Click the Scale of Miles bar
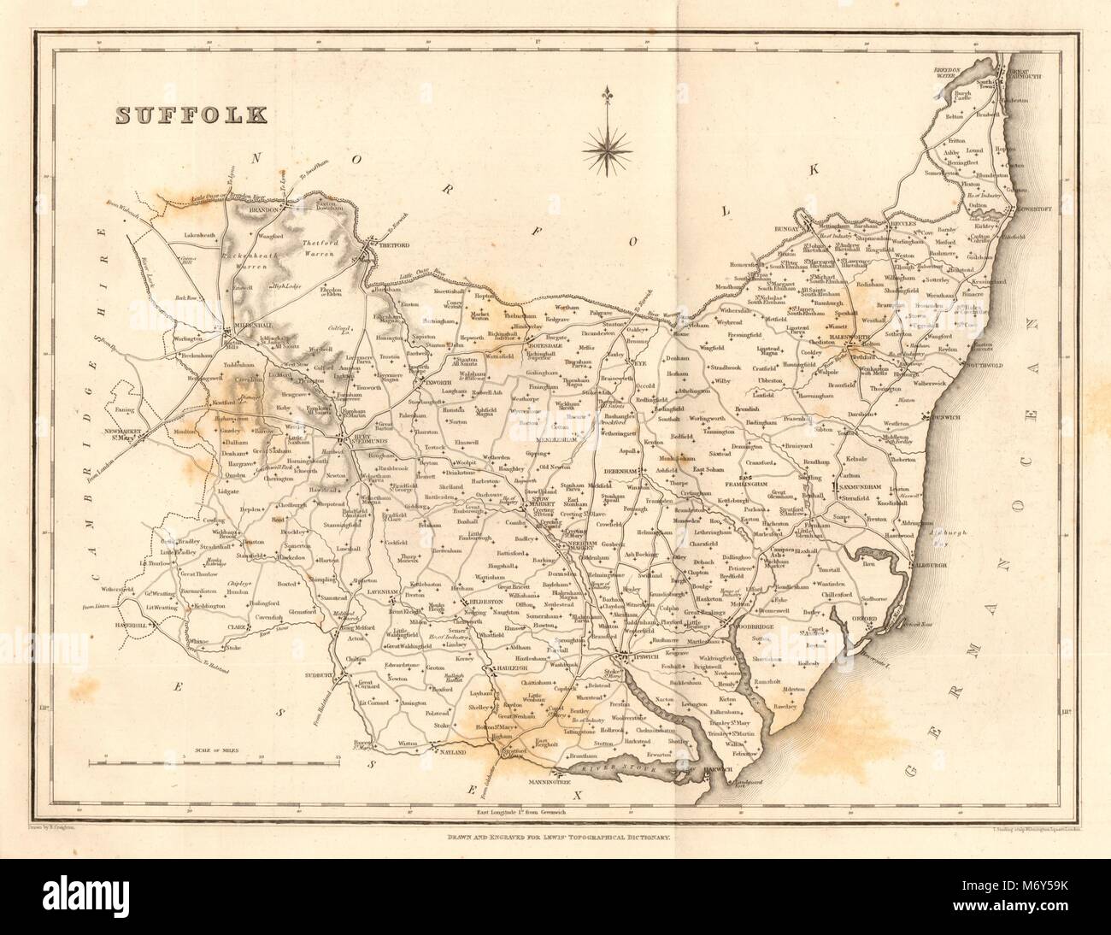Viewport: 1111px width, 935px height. (218, 757)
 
